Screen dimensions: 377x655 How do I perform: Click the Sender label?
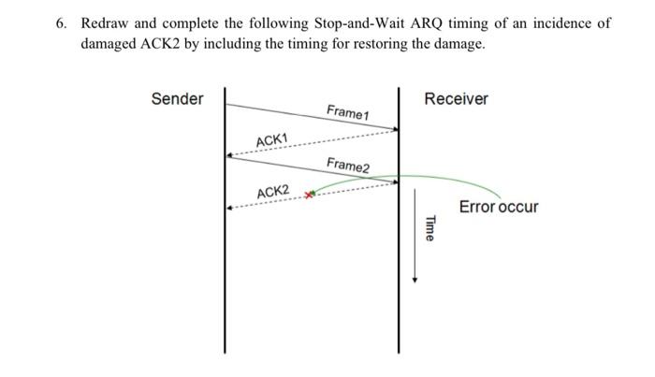177,98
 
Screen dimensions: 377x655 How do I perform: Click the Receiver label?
456,98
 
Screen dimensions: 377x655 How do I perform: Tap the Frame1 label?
348,112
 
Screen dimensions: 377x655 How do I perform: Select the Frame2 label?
348,166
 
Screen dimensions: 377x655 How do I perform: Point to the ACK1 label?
272,140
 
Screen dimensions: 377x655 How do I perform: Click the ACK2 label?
273,193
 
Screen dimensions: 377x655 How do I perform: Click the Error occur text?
498,207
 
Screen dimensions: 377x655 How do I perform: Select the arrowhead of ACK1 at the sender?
230,154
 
